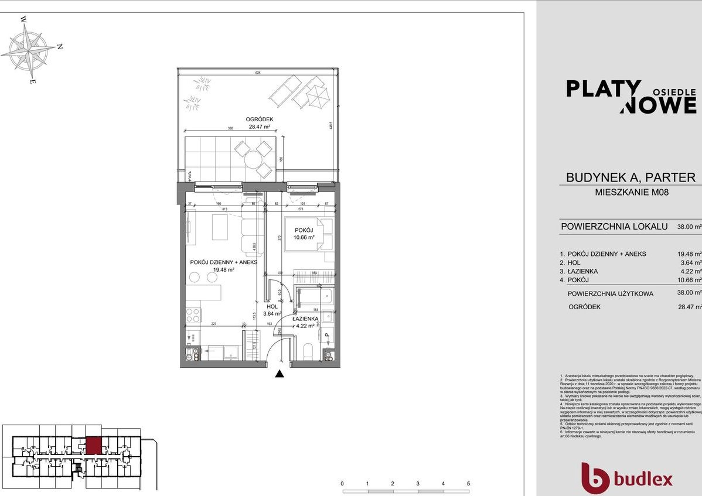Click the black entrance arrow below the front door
click(280, 374)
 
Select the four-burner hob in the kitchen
click(193, 316)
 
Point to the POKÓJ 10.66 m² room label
click(304, 234)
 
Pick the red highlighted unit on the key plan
click(93, 446)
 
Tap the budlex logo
click(626, 479)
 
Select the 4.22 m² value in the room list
click(690, 272)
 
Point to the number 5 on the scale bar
click(468, 484)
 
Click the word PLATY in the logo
click(603, 89)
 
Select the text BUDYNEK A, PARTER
click(630, 177)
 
